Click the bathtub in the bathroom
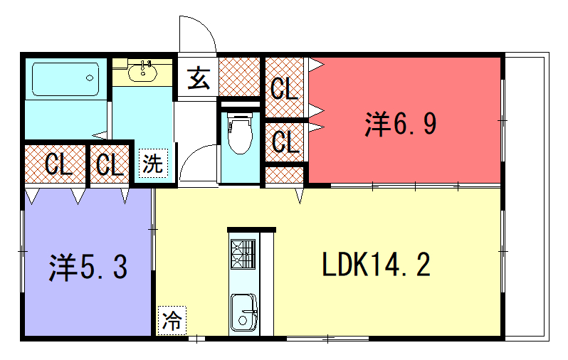(x=65, y=80)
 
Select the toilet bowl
(x=239, y=132)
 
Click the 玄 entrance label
(x=199, y=78)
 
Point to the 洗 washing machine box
(x=154, y=164)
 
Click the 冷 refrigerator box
(x=172, y=321)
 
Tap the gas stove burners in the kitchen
(x=243, y=254)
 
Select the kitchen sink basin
(x=244, y=312)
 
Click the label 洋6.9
(x=401, y=124)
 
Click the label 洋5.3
(x=88, y=268)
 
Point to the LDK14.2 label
(x=376, y=265)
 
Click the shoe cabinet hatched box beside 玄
(x=239, y=77)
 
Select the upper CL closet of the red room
(x=285, y=88)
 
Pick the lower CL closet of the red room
(x=285, y=142)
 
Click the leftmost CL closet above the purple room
(x=55, y=164)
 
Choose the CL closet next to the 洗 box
(x=110, y=164)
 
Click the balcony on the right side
(x=527, y=196)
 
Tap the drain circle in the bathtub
(x=90, y=78)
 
